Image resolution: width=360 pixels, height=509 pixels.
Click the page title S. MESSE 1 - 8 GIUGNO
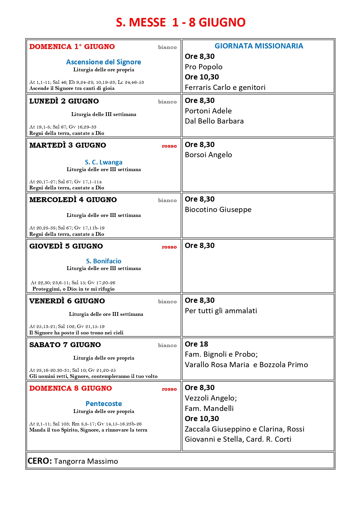pyautogui.click(x=180, y=22)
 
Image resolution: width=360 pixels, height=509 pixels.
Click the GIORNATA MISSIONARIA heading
pyautogui.click(x=259, y=46)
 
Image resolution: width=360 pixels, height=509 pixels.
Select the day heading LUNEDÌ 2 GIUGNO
pyautogui.click(x=64, y=101)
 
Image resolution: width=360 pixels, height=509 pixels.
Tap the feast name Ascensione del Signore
pyautogui.click(x=104, y=62)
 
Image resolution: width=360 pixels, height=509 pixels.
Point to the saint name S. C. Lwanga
pyautogui.click(x=104, y=162)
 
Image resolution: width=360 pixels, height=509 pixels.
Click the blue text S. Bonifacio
pyautogui.click(x=104, y=261)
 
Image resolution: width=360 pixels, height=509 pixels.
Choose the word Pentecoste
pyautogui.click(x=104, y=404)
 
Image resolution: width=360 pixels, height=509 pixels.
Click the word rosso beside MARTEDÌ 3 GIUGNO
pyautogui.click(x=169, y=146)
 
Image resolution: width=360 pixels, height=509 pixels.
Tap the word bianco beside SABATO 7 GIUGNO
pyautogui.click(x=167, y=345)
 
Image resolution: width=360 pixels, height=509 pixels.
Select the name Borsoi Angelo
pyautogui.click(x=208, y=155)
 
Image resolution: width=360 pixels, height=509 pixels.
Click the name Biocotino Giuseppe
pyautogui.click(x=218, y=209)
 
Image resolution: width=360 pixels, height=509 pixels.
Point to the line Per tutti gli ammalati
pyautogui.click(x=221, y=311)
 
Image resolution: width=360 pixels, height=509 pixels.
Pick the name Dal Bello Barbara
pyautogui.click(x=214, y=121)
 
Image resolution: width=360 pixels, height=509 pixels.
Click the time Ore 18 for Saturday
pyautogui.click(x=196, y=344)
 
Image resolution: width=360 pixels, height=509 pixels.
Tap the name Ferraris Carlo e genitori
pyautogui.click(x=225, y=87)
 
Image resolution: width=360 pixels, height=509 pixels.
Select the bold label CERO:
pyautogui.click(x=40, y=461)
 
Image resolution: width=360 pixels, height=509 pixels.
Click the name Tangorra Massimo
pyautogui.click(x=86, y=461)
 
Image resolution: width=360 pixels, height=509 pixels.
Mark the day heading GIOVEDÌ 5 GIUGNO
pyautogui.click(x=66, y=246)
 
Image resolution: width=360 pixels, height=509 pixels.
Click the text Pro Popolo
pyautogui.click(x=204, y=67)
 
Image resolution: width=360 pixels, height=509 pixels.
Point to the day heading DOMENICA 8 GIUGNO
pyautogui.click(x=70, y=388)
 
